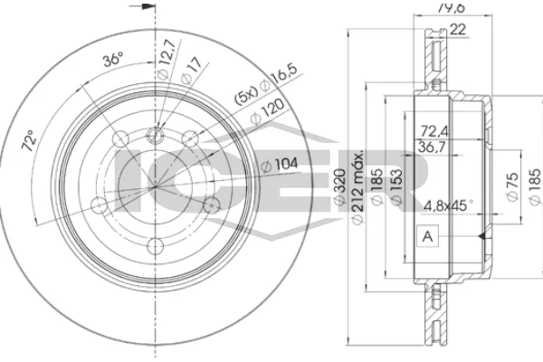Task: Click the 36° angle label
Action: coord(113,61)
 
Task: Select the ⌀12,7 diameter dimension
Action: coord(162,64)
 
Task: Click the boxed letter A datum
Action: coord(424,236)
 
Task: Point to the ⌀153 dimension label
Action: coord(395,185)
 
